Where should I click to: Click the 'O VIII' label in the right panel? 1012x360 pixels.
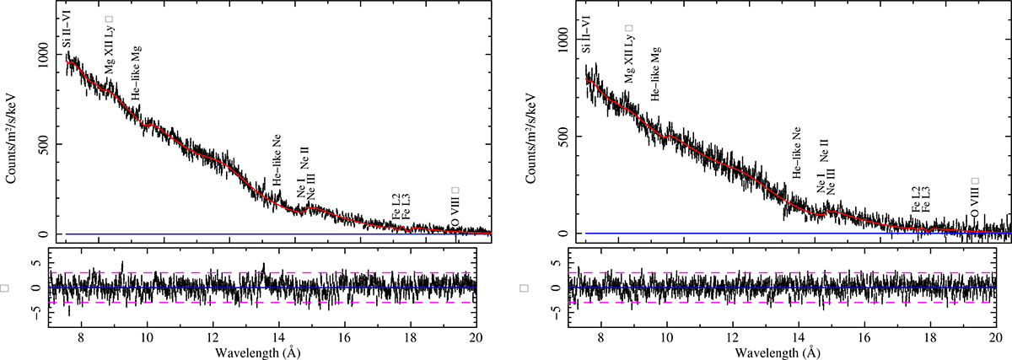[x=975, y=200]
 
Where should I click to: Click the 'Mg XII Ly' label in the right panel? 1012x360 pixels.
[x=627, y=52]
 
